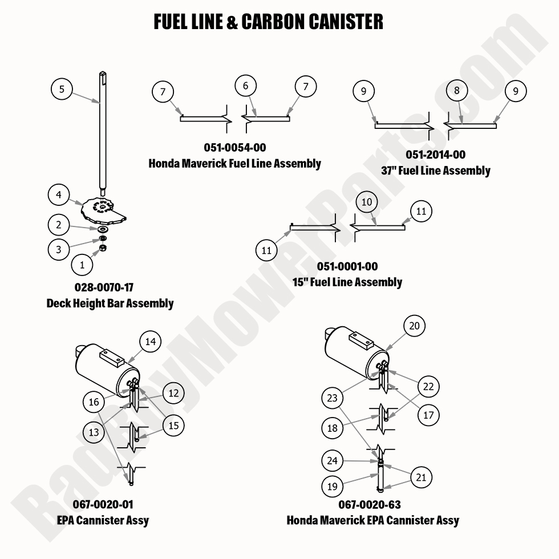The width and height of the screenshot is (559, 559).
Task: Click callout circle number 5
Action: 62,90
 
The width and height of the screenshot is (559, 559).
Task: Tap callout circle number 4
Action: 59,195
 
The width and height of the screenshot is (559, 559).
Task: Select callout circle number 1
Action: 82,265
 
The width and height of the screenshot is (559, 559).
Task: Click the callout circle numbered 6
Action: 246,86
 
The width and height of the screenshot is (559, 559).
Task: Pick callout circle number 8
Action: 457,91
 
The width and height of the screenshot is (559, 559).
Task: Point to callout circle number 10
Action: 367,202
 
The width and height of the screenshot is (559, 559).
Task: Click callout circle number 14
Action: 151,342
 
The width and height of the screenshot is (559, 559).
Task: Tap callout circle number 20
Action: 415,326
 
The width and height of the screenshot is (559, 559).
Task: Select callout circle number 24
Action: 333,460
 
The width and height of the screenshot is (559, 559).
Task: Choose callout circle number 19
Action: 333,487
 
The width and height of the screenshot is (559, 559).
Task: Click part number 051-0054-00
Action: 235,148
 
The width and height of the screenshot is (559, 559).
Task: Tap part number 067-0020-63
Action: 370,505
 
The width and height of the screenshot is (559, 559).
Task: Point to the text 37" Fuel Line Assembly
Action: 436,171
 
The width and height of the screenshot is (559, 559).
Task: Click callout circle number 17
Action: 428,415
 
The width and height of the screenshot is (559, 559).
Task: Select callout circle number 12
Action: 173,393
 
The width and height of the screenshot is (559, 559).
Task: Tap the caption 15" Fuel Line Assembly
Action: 347,282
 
